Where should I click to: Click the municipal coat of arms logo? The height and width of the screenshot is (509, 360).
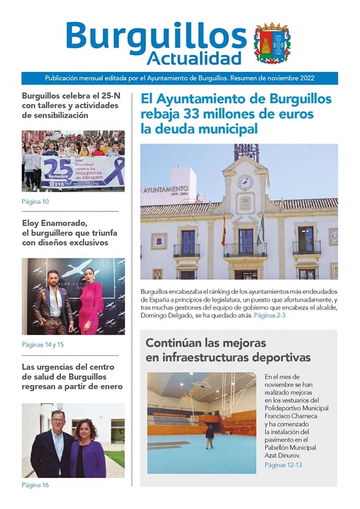click(272, 43)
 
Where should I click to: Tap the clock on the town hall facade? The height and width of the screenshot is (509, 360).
click(245, 182)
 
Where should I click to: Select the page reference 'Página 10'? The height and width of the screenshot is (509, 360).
click(36, 201)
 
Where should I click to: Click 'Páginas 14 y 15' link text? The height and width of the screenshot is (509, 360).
click(42, 345)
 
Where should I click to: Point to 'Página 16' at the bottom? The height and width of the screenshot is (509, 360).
click(36, 485)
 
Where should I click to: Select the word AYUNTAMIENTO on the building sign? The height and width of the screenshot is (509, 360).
click(165, 189)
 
